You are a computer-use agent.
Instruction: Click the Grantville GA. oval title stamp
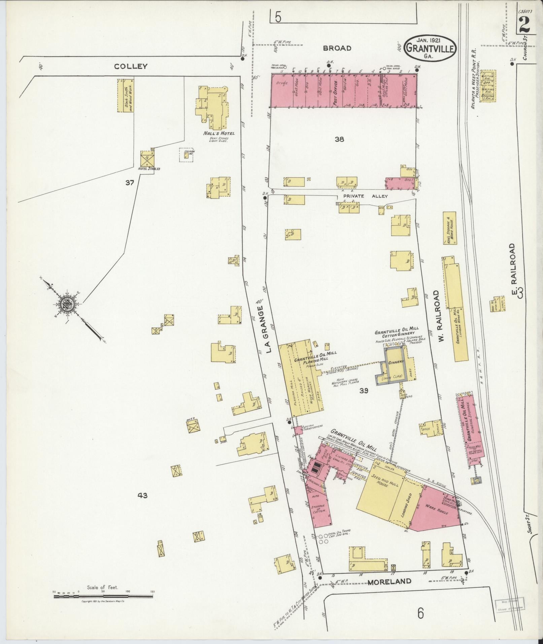point(431,48)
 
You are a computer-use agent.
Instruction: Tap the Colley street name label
point(131,66)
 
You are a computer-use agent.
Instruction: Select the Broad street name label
point(337,48)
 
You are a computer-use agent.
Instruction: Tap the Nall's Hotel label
point(214,133)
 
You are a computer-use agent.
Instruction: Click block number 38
point(339,139)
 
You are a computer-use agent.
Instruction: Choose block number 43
point(142,496)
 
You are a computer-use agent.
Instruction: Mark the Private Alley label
point(365,196)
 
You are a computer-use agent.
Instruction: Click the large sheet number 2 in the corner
point(524,26)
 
